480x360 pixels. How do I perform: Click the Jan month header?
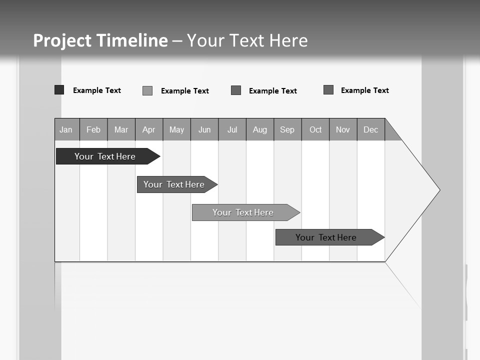click(66, 129)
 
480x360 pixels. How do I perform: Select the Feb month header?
click(93, 129)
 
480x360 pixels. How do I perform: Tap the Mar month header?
click(121, 129)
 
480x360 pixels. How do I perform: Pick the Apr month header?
click(149, 129)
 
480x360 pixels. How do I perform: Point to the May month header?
click(176, 129)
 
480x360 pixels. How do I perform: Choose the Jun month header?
click(204, 129)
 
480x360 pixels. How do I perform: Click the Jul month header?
click(232, 129)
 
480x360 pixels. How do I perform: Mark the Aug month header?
click(260, 129)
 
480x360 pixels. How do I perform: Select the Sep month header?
click(287, 129)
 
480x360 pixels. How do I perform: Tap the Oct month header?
click(315, 129)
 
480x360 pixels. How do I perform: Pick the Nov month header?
click(343, 129)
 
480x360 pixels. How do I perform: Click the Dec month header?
click(371, 129)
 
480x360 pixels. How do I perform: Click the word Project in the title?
click(62, 40)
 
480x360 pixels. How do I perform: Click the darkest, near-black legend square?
click(59, 90)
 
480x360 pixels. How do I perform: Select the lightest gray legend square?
click(147, 90)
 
